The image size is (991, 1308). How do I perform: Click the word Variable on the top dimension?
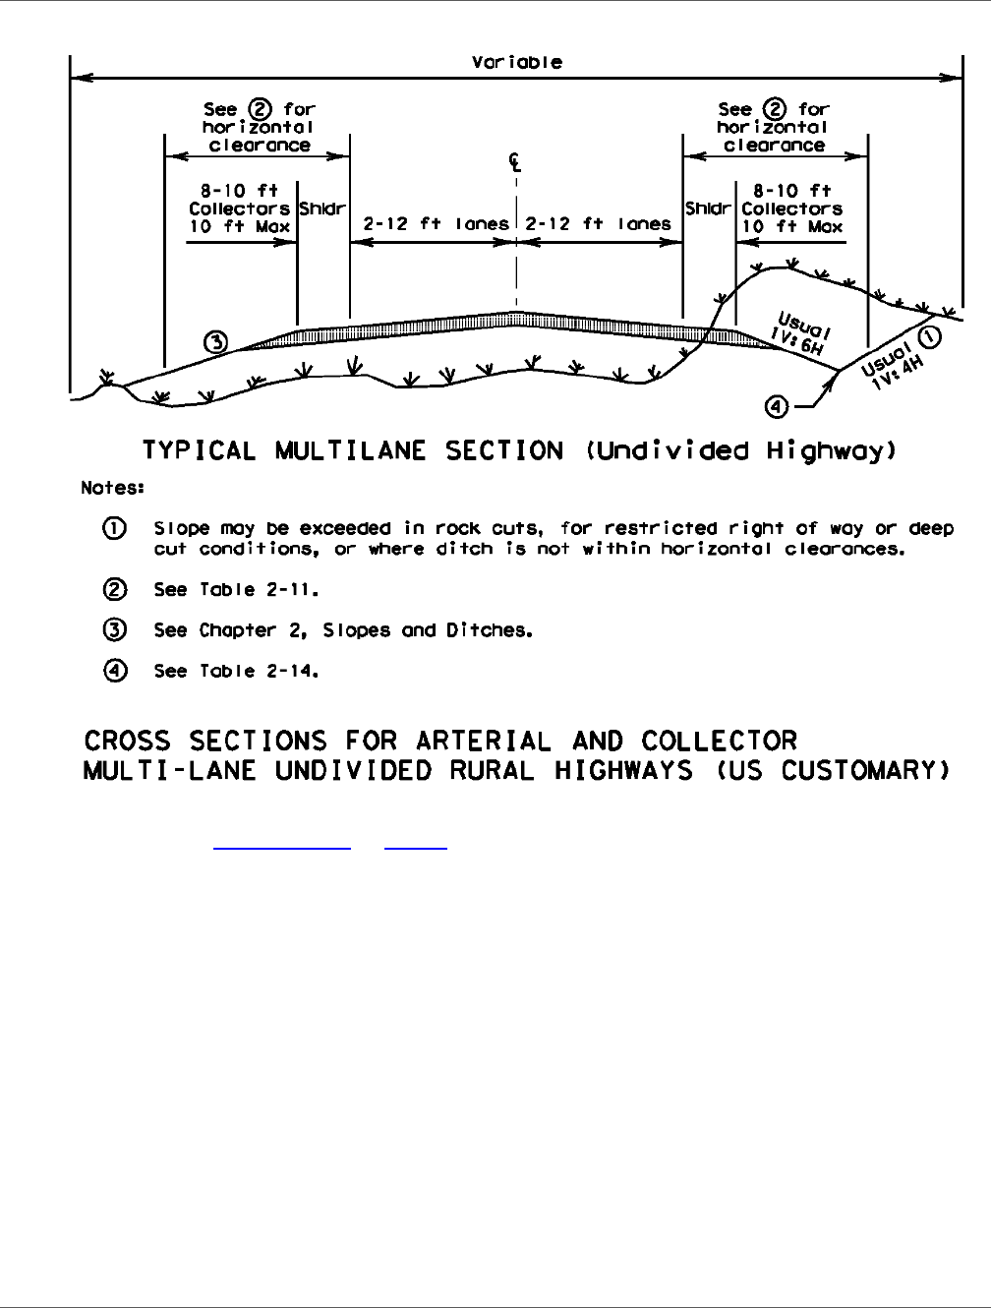point(516,62)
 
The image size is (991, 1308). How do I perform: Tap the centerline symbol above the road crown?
point(515,162)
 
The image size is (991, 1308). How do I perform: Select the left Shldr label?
point(322,208)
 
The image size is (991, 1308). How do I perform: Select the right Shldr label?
point(709,208)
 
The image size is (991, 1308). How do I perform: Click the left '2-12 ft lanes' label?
point(436,224)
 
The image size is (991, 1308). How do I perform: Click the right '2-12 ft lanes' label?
point(598,224)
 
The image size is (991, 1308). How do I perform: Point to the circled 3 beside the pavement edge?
point(215,342)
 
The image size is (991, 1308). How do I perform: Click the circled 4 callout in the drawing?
point(777,404)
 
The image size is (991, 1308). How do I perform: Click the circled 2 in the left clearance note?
point(262,109)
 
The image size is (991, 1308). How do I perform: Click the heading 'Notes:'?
point(112,487)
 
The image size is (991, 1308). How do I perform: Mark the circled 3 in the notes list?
point(115,630)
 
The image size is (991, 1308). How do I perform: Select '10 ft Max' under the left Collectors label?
point(240,226)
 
